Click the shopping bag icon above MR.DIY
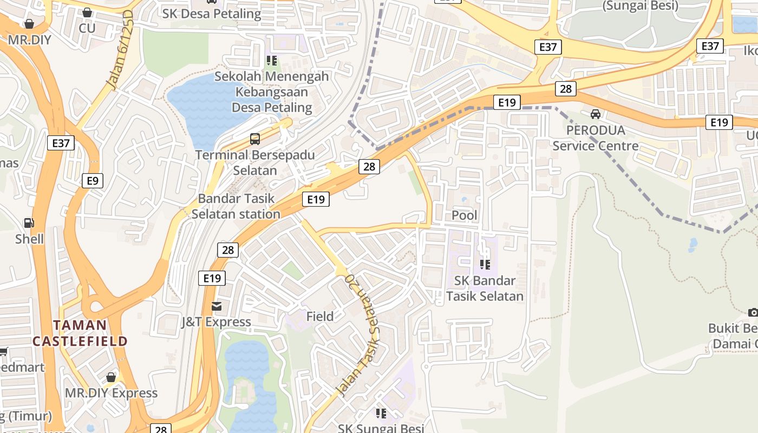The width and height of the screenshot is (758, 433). coord(29,24)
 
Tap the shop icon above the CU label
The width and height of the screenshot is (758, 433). coord(87,12)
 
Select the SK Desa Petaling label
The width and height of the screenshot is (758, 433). coord(212,14)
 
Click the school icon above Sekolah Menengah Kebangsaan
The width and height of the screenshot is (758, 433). coord(271,61)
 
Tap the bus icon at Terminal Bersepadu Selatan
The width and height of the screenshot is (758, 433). coord(255,139)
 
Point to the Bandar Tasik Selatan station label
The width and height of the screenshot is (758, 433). coord(236,206)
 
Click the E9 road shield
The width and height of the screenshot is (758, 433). coord(93,180)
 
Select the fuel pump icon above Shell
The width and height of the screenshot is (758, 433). coord(29,222)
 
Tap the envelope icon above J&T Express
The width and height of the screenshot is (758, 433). coord(217,306)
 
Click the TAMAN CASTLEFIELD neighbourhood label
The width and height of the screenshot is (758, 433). coord(80,333)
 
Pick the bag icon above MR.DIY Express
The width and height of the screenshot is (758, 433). coord(111,377)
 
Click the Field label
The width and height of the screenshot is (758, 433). coord(320,317)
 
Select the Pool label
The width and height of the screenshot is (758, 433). coord(465,215)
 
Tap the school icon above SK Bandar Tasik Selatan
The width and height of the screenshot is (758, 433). coord(485,265)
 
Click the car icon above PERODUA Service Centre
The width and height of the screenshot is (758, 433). coord(596,114)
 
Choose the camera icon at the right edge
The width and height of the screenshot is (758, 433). coord(753,312)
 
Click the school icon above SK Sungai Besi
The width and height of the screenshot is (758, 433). coord(381,414)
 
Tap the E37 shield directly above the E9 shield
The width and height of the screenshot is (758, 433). coord(61,143)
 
